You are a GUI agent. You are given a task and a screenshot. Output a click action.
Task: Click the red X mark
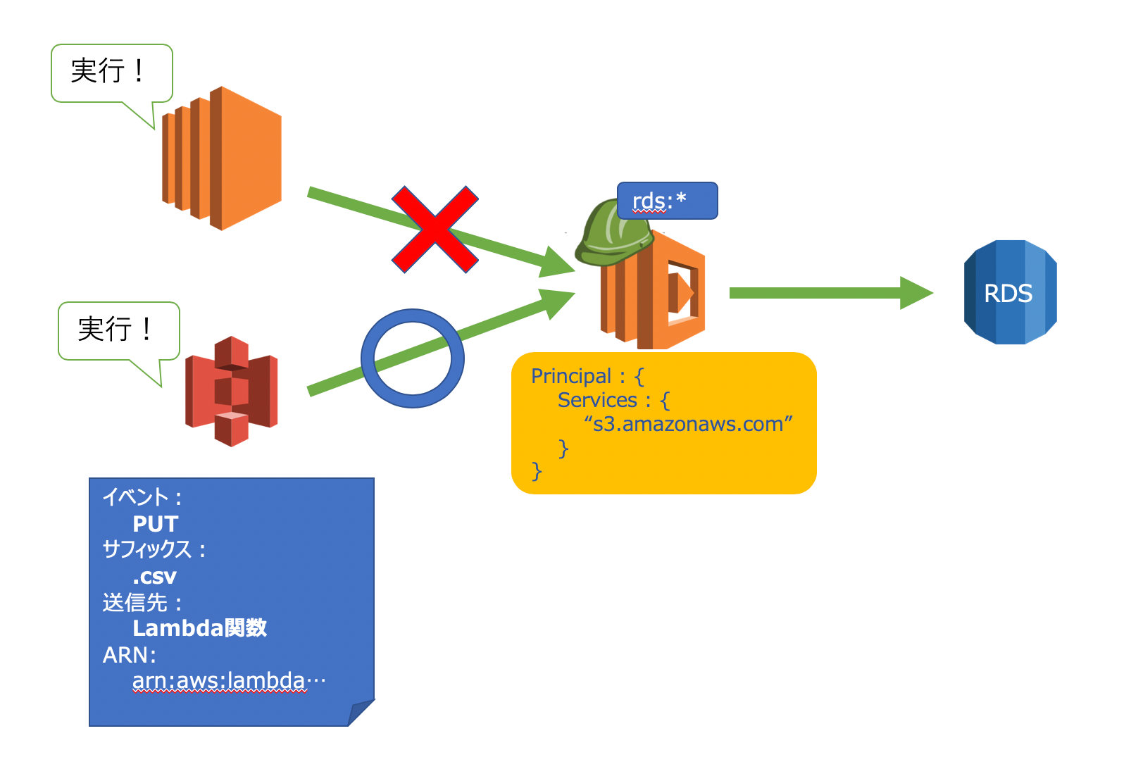pos(435,230)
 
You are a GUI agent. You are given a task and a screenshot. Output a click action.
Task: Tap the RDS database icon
pos(1009,292)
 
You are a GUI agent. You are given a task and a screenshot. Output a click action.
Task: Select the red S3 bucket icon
pos(231,391)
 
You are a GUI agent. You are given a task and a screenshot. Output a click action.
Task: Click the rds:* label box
pos(667,201)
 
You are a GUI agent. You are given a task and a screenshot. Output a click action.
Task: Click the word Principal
pos(571,376)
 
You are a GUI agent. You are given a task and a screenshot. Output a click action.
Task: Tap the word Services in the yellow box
pos(597,400)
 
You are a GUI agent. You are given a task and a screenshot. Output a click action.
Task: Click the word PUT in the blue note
pos(155,524)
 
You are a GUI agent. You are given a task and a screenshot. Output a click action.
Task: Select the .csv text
pos(154,577)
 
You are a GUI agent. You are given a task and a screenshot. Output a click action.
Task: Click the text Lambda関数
pos(199,627)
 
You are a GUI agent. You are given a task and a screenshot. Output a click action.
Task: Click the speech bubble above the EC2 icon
pos(111,73)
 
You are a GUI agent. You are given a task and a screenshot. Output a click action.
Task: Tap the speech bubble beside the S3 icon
pos(118,330)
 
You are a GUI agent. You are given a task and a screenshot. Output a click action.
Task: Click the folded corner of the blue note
pos(362,712)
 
